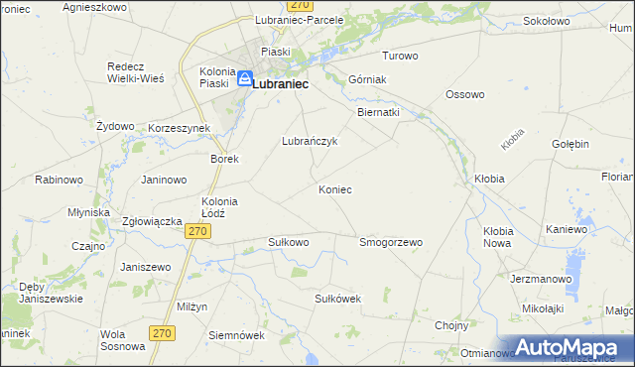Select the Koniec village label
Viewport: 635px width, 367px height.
click(335, 189)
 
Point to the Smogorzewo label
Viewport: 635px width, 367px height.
click(391, 241)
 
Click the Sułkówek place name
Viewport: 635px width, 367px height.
click(336, 298)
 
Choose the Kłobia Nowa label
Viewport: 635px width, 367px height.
click(497, 237)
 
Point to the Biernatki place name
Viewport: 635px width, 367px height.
click(378, 112)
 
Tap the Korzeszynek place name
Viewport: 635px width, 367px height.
click(179, 129)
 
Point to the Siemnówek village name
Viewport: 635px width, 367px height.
click(236, 335)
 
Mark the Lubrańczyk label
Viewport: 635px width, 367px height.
click(311, 141)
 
